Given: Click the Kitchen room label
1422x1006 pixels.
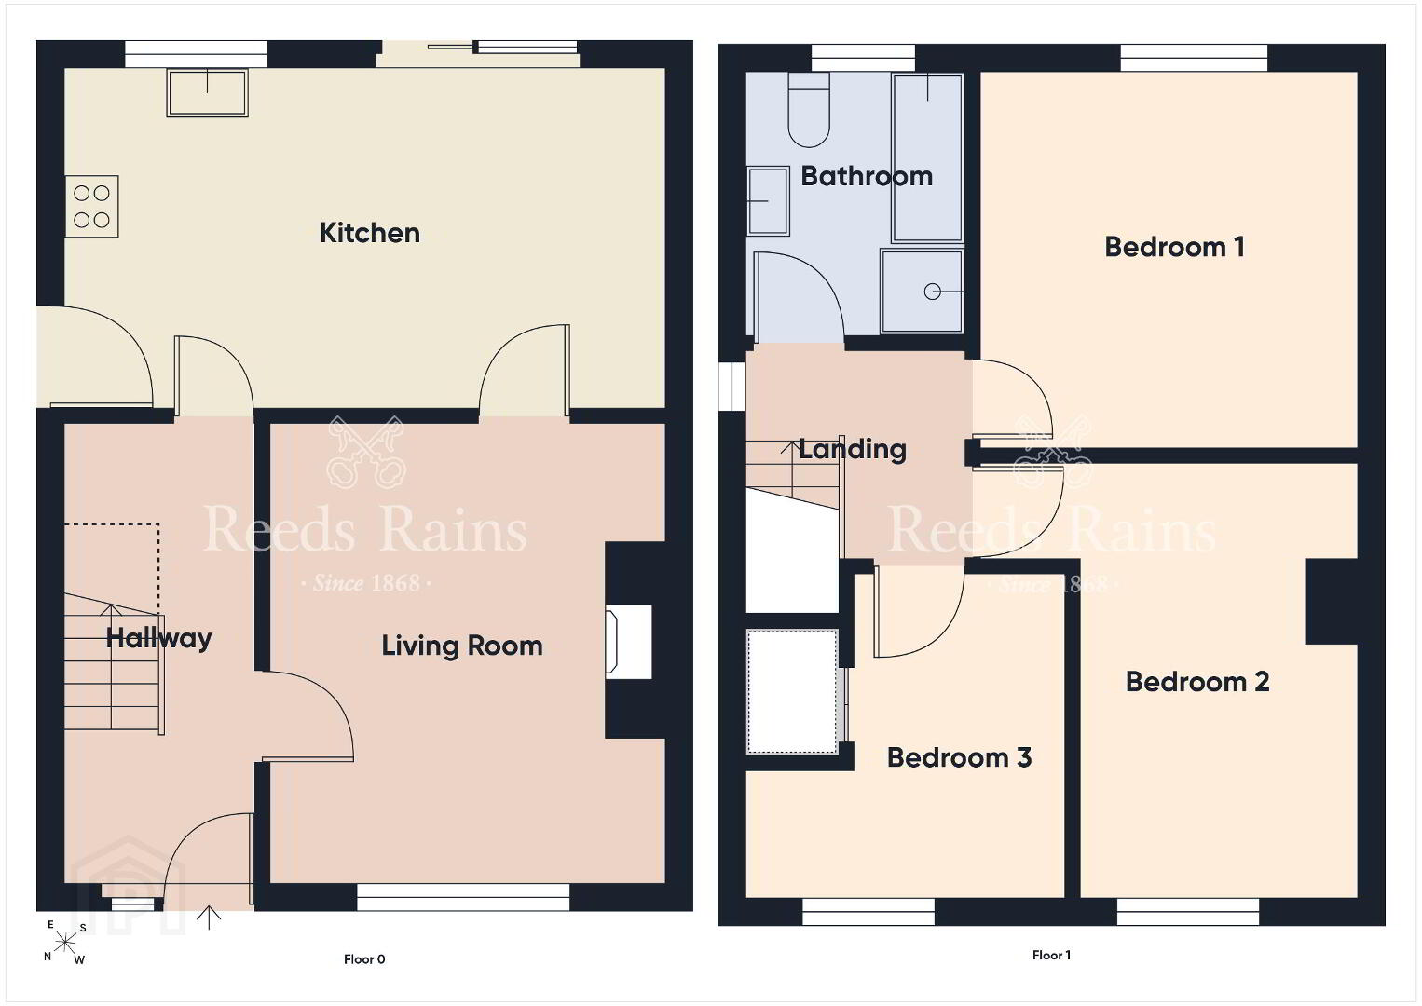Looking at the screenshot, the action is pos(369,233).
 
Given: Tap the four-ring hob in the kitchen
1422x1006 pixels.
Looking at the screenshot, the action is pos(92,206).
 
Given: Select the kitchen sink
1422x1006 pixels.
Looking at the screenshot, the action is pos(207,92).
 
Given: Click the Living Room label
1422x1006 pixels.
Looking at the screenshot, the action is pos(461,646).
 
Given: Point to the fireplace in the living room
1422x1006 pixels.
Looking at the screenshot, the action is pos(628,642).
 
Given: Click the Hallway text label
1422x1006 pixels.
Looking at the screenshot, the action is pos(158,638).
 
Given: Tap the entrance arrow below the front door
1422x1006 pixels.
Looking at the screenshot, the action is pos(209,918).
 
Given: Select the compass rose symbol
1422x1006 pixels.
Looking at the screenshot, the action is pos(64,943).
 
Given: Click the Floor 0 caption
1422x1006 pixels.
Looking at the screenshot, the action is pos(364,959).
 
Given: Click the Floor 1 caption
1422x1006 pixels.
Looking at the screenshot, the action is pos(1051,955).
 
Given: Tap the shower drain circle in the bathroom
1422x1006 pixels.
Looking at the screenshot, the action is pos(932,292).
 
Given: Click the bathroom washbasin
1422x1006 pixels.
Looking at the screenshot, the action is pos(768,201).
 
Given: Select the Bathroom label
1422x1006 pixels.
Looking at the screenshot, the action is pos(867,176).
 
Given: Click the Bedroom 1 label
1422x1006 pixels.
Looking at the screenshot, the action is pos(1174,247).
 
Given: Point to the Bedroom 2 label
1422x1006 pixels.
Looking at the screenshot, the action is pos(1197,682).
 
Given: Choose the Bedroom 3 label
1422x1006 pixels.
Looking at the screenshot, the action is pos(959,757).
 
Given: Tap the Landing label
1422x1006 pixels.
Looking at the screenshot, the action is pos(852,449).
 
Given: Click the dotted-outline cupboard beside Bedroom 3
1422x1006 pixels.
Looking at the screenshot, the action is pos(792,691).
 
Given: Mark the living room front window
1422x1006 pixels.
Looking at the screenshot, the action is pos(463,897).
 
